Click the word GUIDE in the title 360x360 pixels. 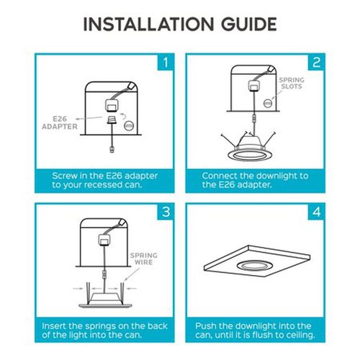(249, 24)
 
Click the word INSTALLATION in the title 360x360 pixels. (148, 24)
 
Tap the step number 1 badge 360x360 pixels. (166, 63)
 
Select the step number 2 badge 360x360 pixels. (316, 63)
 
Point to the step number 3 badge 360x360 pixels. (166, 212)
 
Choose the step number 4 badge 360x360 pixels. (316, 212)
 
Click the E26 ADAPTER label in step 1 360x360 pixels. (60, 122)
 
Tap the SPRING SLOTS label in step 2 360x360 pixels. (292, 83)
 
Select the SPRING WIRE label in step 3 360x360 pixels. (143, 258)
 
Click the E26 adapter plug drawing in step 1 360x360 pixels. (112, 120)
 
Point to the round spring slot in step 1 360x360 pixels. (129, 126)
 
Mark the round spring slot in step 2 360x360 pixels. (267, 104)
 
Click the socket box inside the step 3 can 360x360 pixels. (104, 240)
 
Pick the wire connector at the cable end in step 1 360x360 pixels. (112, 149)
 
